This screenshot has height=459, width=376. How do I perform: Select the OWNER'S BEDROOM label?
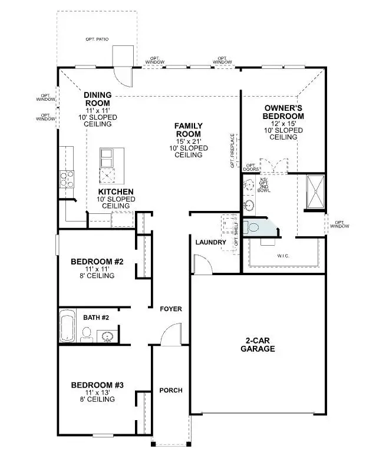point(283,112)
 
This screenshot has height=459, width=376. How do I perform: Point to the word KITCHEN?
point(116,192)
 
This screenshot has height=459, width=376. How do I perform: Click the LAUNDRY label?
point(211,242)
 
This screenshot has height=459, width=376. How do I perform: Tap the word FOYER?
point(171,309)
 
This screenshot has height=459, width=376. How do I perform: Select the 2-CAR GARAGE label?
point(258,344)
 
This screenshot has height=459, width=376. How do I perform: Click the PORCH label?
point(171,391)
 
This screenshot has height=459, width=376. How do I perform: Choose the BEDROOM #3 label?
point(97,385)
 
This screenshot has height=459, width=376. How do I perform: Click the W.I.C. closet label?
point(284,256)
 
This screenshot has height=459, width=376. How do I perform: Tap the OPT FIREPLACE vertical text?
point(233,151)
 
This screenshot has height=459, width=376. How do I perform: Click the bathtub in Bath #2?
point(67,326)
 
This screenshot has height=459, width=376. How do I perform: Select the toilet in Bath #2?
point(85,335)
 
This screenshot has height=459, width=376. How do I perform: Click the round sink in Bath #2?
point(107,336)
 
